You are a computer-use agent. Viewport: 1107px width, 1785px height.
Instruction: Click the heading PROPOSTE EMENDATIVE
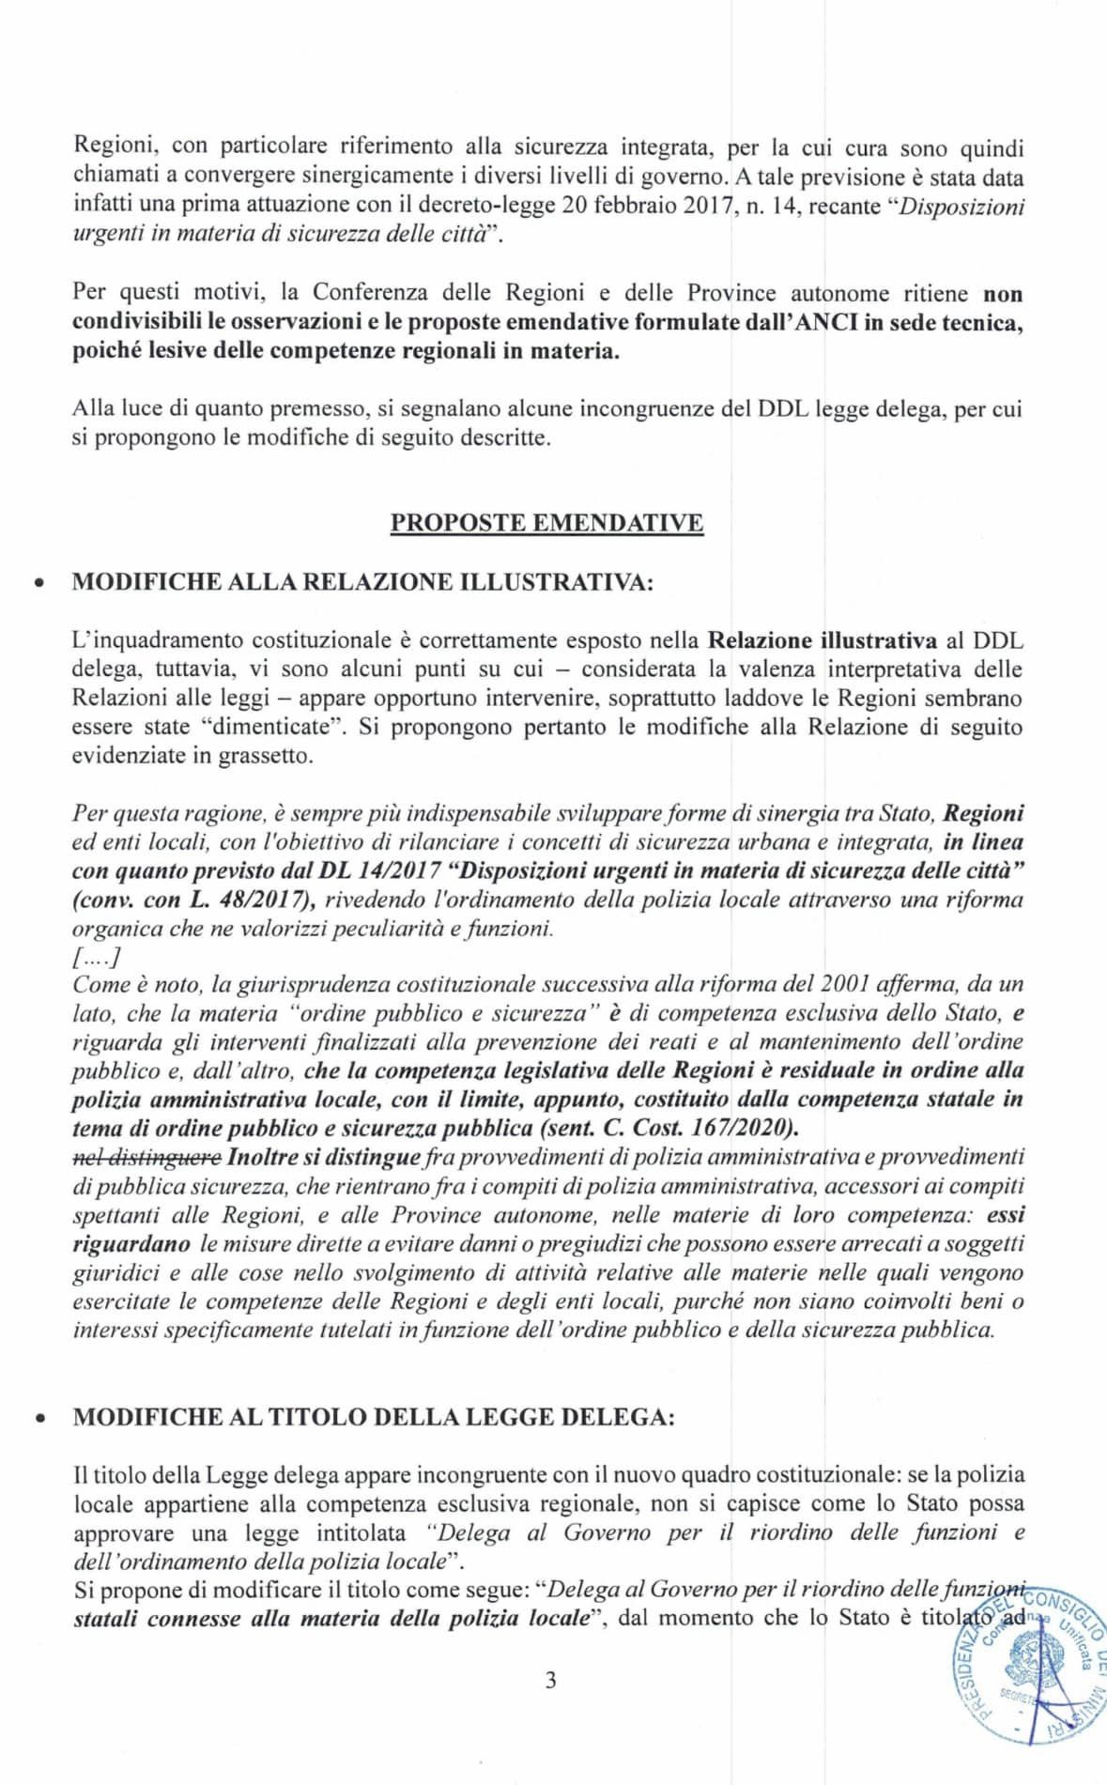(x=546, y=523)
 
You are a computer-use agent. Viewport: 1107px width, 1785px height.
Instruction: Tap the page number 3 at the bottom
(x=550, y=1680)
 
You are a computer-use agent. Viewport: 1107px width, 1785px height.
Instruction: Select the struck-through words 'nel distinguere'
(x=146, y=1156)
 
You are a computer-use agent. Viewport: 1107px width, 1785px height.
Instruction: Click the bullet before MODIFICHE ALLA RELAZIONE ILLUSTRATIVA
(x=38, y=583)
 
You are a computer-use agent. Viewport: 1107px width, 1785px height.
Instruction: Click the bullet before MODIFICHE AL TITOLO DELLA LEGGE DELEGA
(x=38, y=1419)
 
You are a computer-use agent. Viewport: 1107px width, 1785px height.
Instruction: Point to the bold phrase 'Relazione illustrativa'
(x=822, y=640)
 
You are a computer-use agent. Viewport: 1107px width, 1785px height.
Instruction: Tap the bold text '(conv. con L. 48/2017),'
(x=193, y=899)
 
